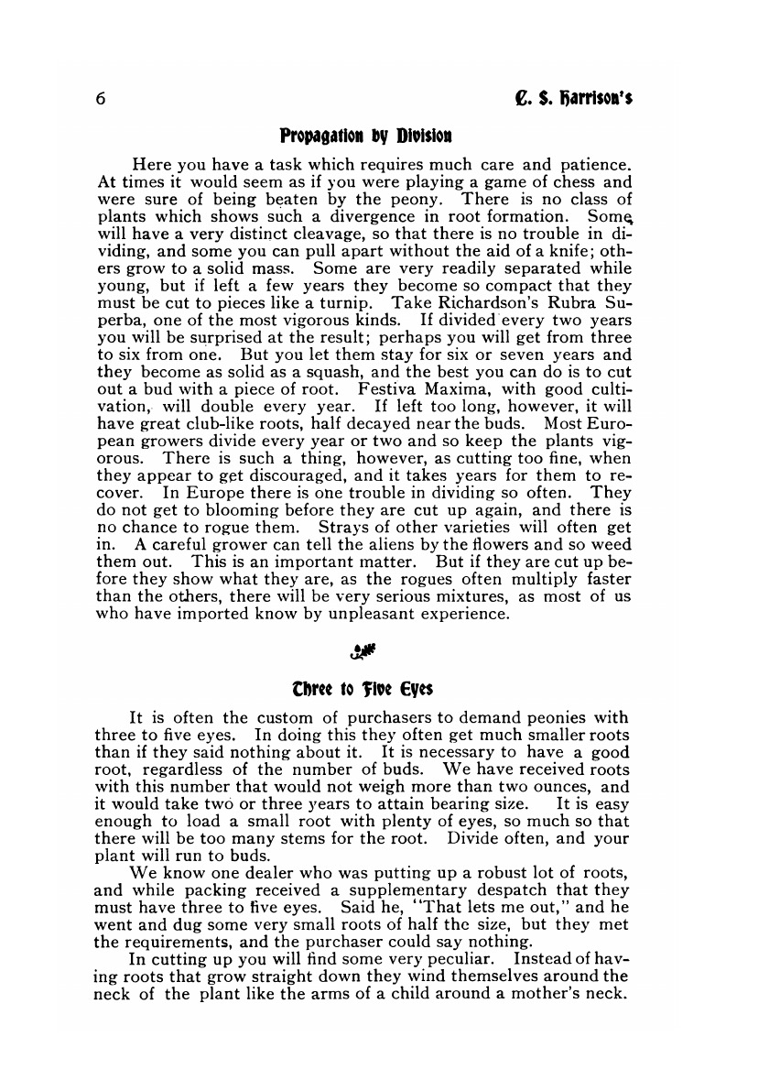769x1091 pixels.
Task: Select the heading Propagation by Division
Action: tap(365, 136)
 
